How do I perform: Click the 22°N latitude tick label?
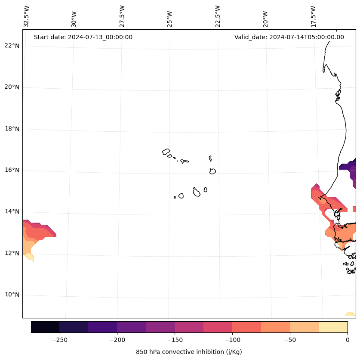[x=12, y=46]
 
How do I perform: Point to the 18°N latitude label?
[x=12, y=129]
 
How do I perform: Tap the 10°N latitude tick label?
[x=12, y=295]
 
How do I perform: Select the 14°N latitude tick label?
[x=12, y=211]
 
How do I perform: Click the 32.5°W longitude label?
[x=27, y=16]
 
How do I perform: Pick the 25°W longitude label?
[x=170, y=19]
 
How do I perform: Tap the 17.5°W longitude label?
[x=313, y=16]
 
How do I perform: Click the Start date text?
[x=83, y=37]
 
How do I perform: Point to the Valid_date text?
[x=289, y=37]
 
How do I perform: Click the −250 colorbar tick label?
[x=59, y=340]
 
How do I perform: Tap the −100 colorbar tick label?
[x=232, y=340]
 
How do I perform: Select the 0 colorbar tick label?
[x=348, y=340]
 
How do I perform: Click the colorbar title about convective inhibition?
[x=189, y=352]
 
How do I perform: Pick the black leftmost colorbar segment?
[x=45, y=327]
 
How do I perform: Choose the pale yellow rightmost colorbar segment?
[x=333, y=327]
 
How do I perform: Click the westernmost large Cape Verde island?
[x=166, y=152]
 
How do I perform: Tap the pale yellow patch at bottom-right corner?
[x=350, y=314]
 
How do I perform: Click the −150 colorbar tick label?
[x=175, y=340]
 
